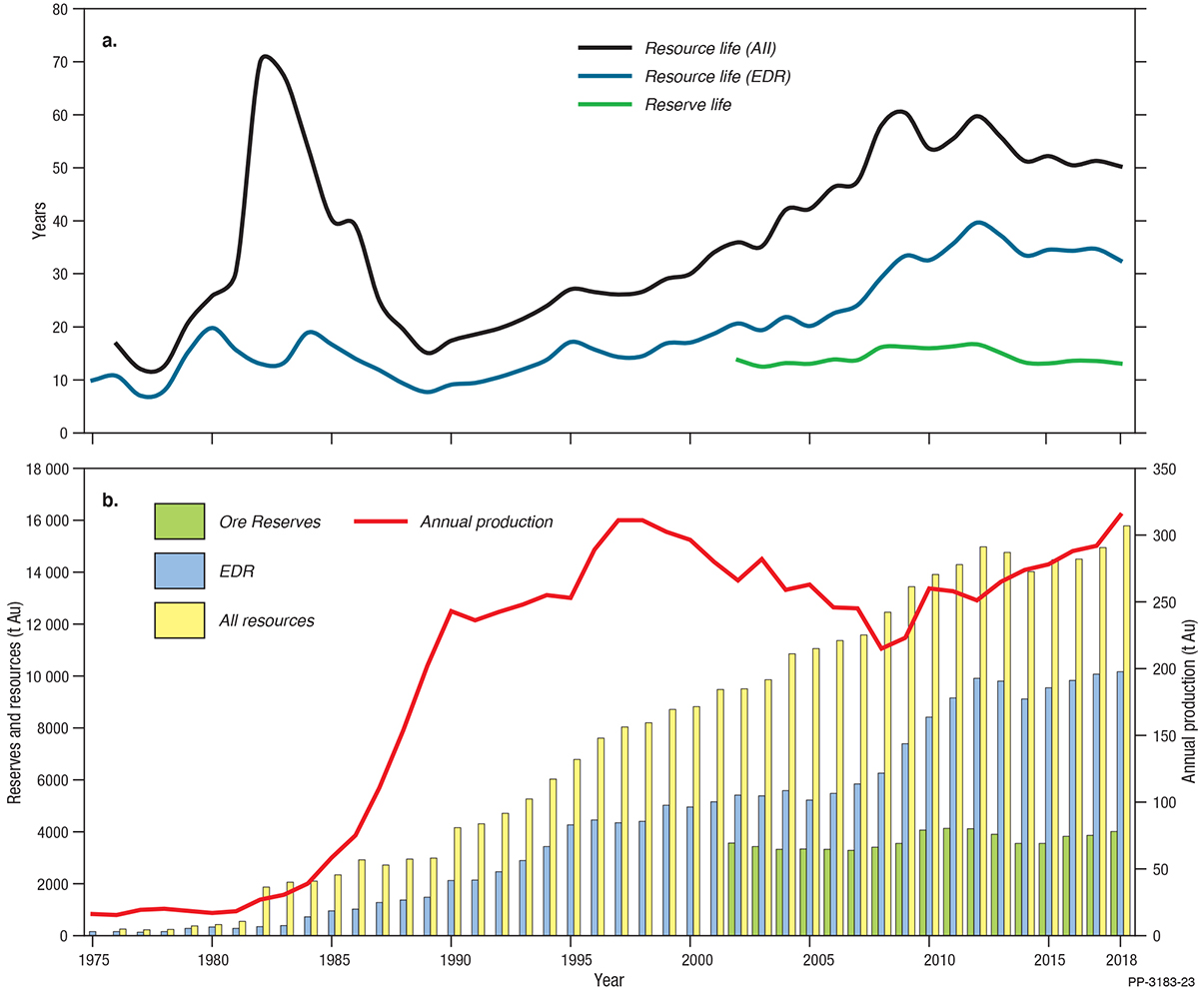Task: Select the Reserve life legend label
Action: coord(688,104)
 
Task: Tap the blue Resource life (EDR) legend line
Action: coord(603,76)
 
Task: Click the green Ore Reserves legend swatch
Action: coord(179,520)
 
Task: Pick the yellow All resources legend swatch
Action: coord(179,620)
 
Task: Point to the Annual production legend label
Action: coord(487,520)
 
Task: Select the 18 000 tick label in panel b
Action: coord(42,469)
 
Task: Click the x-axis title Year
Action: coord(606,980)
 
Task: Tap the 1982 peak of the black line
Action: coord(266,57)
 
